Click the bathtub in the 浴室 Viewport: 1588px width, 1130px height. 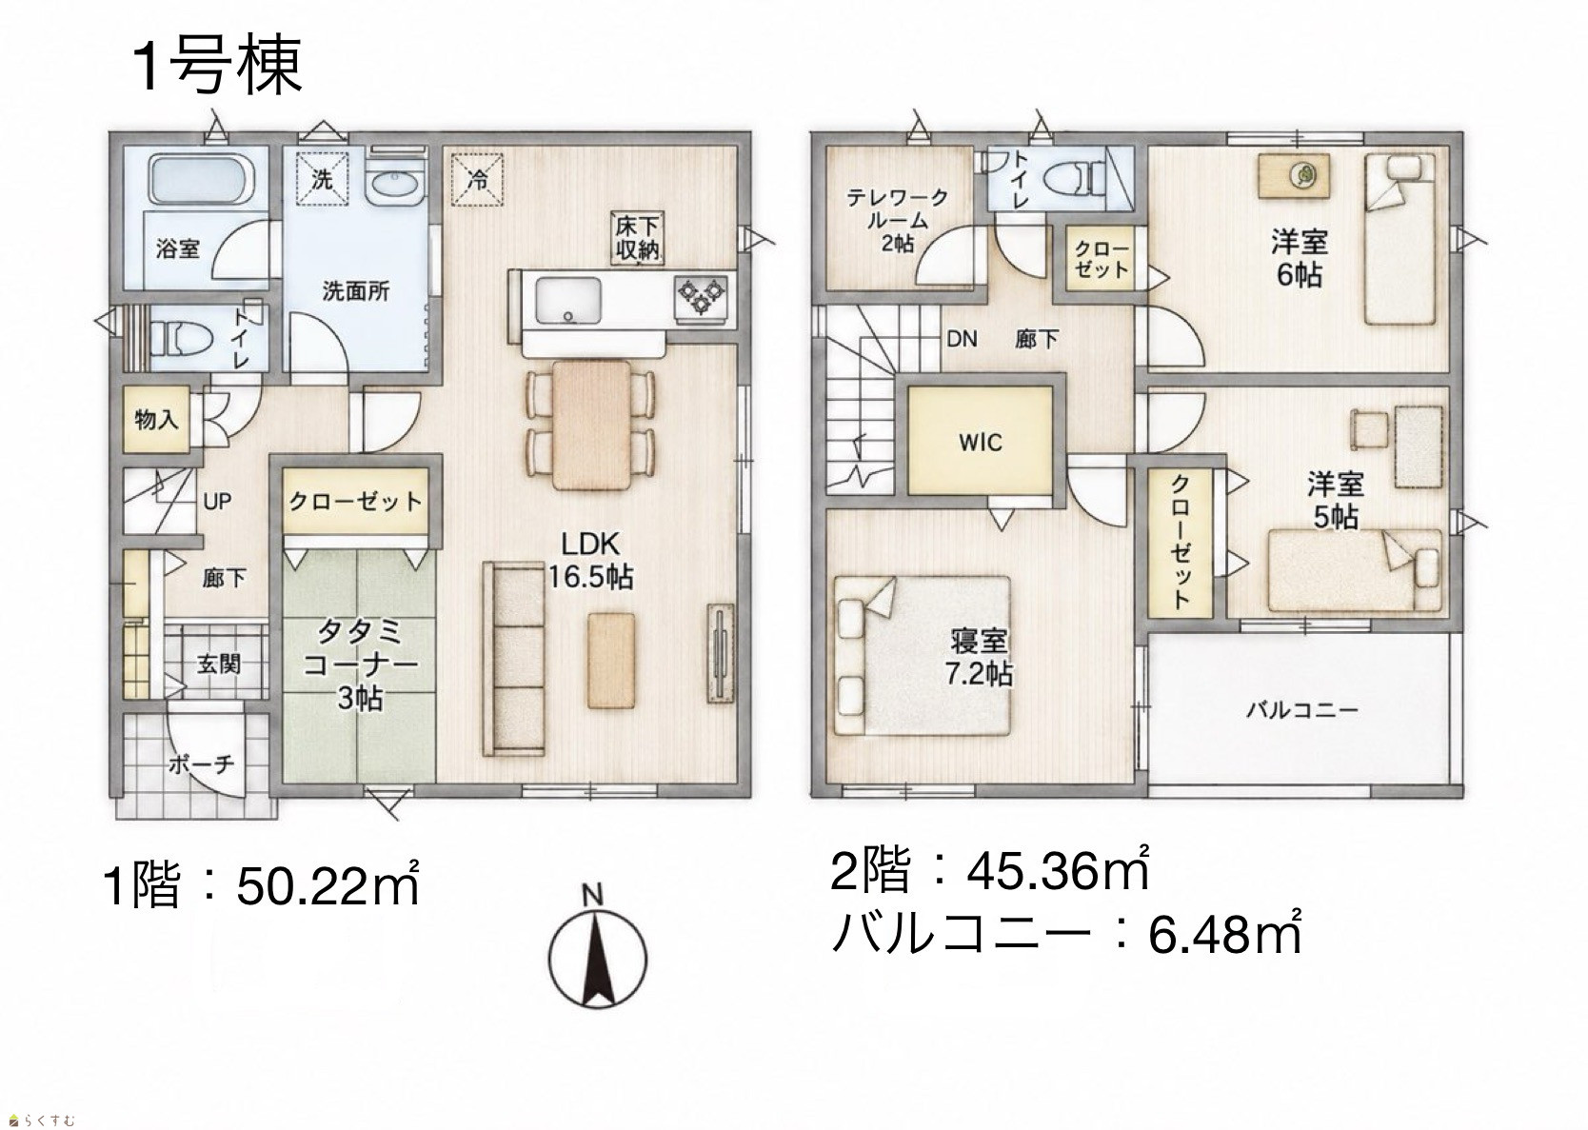201,179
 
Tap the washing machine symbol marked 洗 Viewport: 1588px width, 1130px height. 322,179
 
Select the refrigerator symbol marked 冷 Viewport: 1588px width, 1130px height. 478,179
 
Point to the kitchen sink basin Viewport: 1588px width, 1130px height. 567,301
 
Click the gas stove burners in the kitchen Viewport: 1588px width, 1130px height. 702,296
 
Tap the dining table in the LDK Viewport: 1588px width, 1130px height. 590,425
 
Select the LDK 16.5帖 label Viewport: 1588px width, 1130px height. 590,560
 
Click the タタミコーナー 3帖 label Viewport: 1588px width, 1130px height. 360,664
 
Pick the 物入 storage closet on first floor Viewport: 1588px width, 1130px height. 155,419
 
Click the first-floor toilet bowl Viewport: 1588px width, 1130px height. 183,337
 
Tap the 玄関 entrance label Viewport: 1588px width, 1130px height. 218,664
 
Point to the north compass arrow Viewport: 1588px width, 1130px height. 597,961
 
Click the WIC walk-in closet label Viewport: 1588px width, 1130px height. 981,443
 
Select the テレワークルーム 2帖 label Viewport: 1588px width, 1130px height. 898,220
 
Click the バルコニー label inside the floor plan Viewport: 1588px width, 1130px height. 1302,709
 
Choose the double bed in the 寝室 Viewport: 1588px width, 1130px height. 922,656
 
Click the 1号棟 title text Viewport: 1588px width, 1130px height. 217,66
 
